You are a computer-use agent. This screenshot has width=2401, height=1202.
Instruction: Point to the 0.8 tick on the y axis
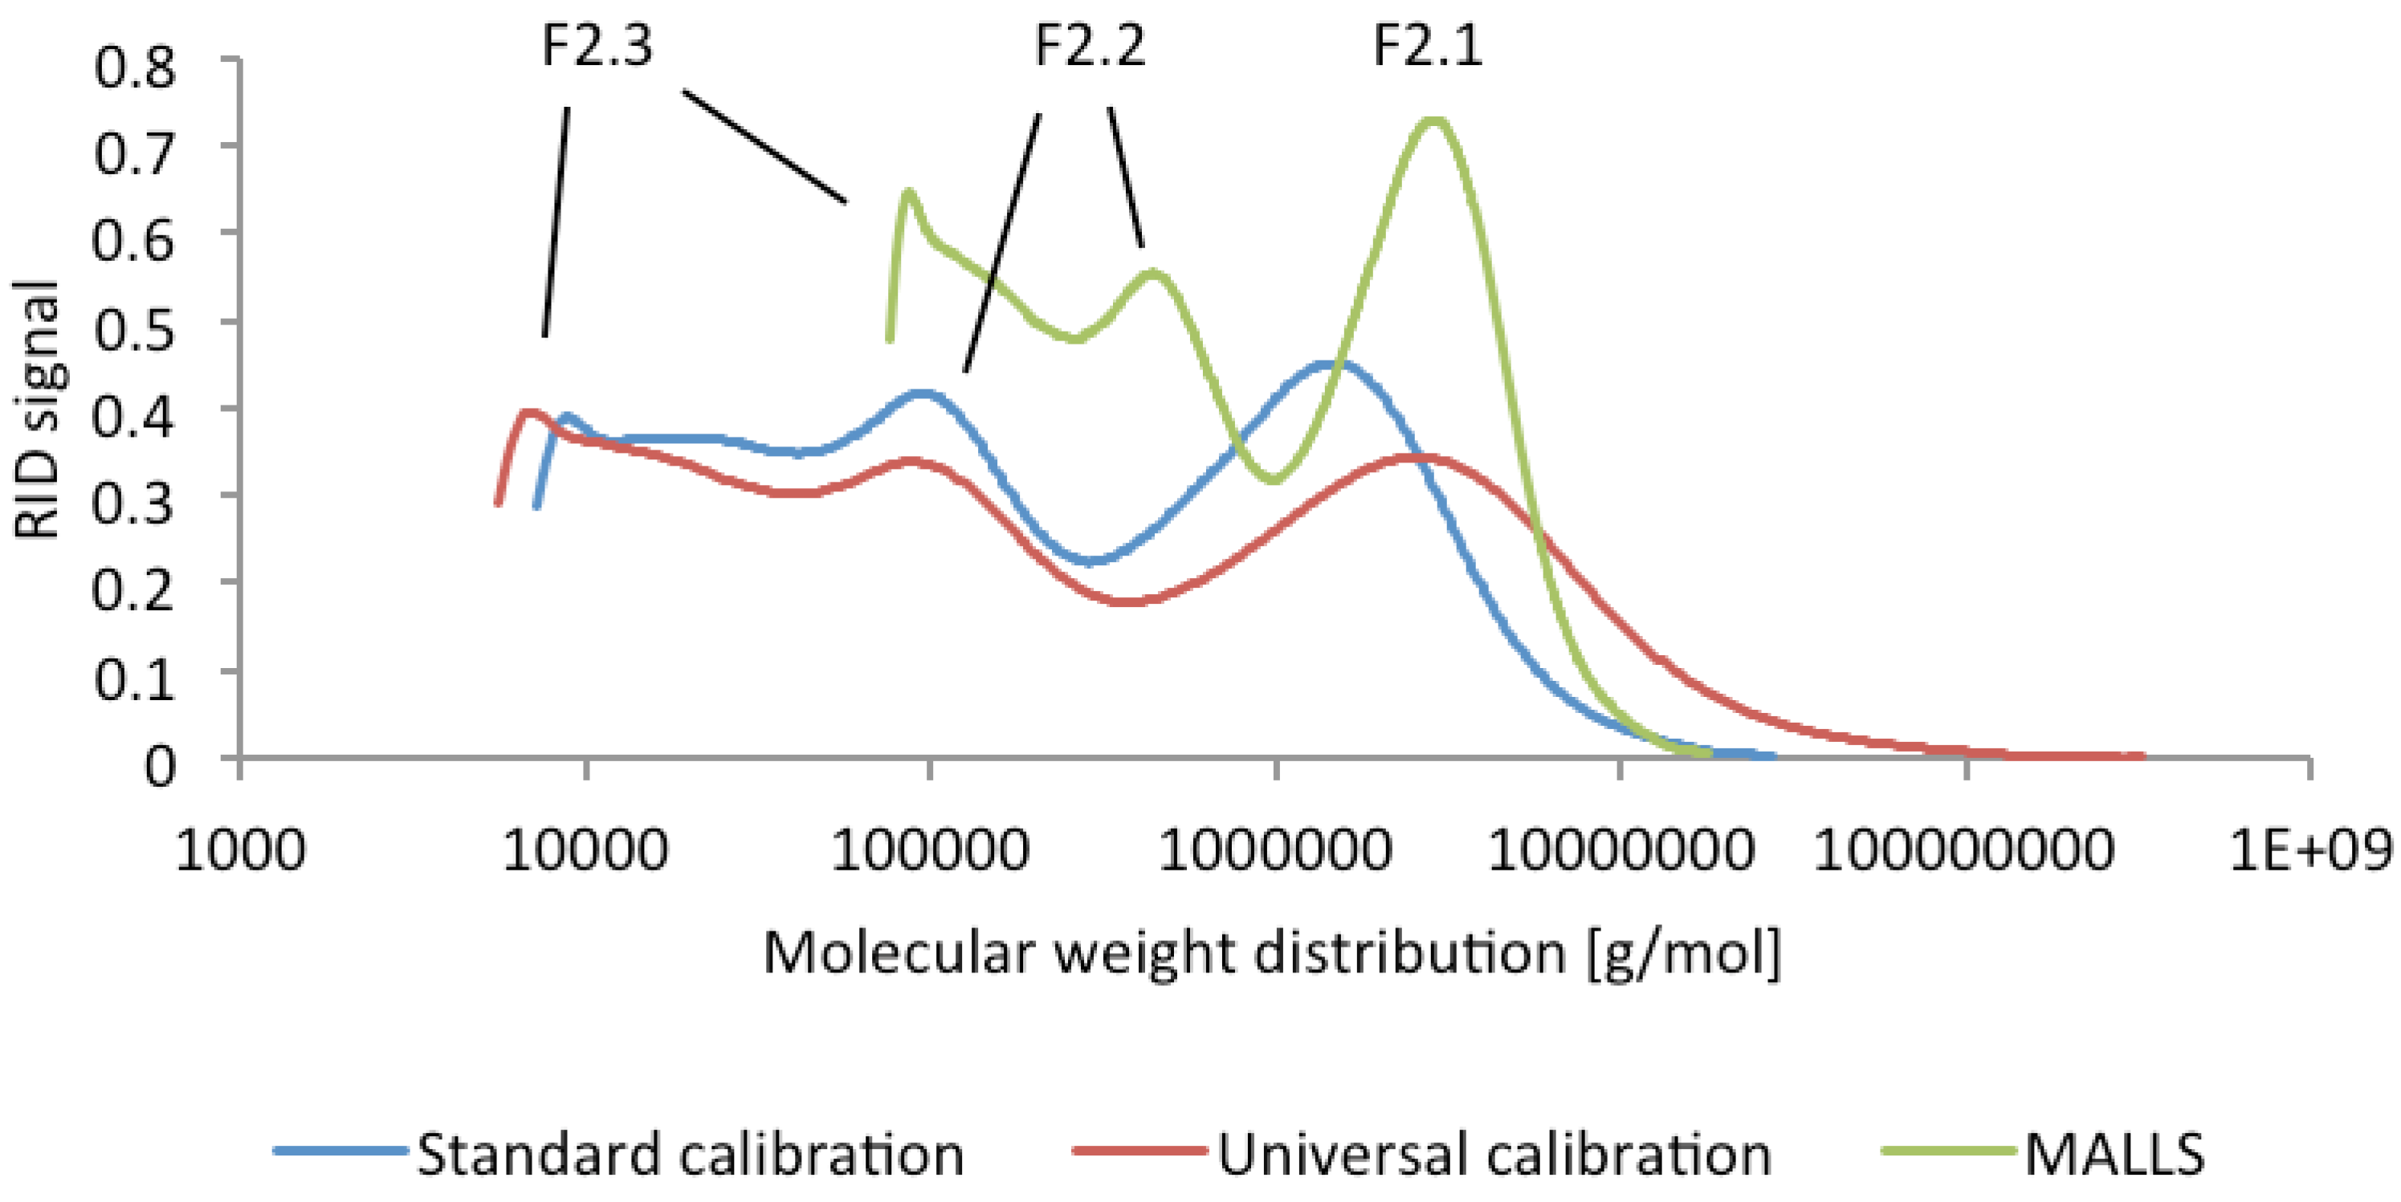click(x=135, y=67)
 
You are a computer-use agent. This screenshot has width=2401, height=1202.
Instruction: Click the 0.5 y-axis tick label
click(x=135, y=328)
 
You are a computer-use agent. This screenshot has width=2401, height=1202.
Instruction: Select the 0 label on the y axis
click(x=159, y=766)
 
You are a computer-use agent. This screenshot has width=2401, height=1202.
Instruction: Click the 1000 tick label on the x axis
click(x=240, y=850)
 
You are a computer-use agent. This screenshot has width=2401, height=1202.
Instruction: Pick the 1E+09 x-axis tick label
click(x=2309, y=850)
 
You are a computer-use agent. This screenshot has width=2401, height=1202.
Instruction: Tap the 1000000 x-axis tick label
click(x=1274, y=850)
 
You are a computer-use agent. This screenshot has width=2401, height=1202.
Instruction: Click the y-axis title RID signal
click(x=37, y=410)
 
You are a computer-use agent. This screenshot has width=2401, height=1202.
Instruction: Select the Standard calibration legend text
click(x=690, y=1155)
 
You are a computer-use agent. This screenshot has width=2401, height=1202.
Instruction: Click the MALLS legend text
click(x=2114, y=1155)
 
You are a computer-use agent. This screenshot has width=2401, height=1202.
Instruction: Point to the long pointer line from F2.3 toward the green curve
click(x=764, y=145)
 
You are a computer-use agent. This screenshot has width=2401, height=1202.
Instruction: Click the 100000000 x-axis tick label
click(x=1964, y=850)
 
